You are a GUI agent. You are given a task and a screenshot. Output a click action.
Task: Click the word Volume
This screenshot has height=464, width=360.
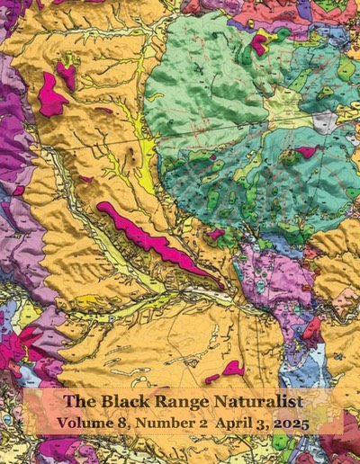pos(82,420)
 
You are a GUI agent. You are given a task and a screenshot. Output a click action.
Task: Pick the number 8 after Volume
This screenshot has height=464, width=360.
pos(120,420)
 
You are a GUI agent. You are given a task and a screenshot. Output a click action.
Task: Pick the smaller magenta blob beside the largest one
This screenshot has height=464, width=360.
pos(66,76)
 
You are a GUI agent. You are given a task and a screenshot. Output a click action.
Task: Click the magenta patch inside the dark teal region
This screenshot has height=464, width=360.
pos(306,152)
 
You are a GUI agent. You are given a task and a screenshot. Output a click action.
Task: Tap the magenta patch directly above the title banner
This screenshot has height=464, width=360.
pos(233,367)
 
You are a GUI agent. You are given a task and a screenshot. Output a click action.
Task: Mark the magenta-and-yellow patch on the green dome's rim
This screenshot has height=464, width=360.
pos(260,42)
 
